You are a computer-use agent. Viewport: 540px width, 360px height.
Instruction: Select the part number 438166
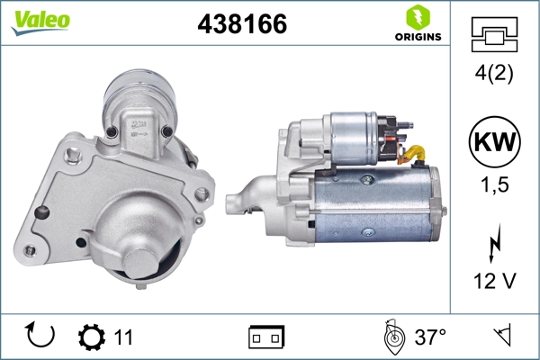pos(242,25)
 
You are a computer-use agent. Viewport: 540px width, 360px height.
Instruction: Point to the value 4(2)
pos(494,75)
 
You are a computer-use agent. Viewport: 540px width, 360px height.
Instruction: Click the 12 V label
pos(494,282)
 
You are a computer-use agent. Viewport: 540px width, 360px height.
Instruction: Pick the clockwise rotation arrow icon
pos(40,337)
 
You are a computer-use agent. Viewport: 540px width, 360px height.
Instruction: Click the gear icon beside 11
pos(91,337)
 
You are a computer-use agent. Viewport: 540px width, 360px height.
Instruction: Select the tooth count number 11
pos(123,337)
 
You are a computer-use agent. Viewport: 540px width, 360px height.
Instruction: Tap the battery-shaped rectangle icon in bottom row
pos(265,337)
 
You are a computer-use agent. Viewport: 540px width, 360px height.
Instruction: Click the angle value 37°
pos(430,337)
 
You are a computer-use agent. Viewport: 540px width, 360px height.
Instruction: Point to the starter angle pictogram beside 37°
pos(392,337)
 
